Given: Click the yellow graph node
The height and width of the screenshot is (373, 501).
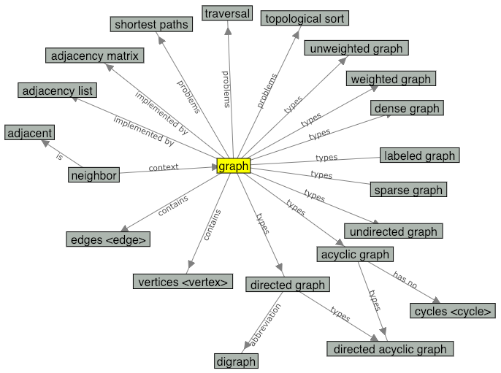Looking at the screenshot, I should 234,166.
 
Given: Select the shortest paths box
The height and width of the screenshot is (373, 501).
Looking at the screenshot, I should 151,25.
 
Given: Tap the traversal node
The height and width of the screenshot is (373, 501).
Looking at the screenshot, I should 228,13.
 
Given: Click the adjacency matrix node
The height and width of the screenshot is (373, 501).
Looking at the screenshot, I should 93,55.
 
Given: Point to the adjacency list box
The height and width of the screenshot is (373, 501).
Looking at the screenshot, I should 58,91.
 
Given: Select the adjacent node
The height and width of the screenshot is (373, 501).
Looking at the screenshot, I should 29,133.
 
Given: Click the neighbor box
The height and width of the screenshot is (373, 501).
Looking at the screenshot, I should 93,175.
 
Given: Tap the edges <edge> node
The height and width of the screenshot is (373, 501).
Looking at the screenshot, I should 109,239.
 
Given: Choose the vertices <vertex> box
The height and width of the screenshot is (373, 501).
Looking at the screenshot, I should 183,282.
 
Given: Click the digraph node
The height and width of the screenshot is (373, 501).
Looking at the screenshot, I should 237,361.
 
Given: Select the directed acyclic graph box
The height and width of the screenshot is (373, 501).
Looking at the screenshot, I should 390,349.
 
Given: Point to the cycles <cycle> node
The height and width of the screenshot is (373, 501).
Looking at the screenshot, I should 453,311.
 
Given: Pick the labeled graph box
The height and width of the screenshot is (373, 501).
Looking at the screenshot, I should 419,155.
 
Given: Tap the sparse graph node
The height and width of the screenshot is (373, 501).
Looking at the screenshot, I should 408,190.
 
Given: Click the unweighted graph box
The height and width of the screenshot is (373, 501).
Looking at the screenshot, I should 356,48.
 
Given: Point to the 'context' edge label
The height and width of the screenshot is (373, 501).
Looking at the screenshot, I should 164,167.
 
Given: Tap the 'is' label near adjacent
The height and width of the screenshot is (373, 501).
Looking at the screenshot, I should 61,155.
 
